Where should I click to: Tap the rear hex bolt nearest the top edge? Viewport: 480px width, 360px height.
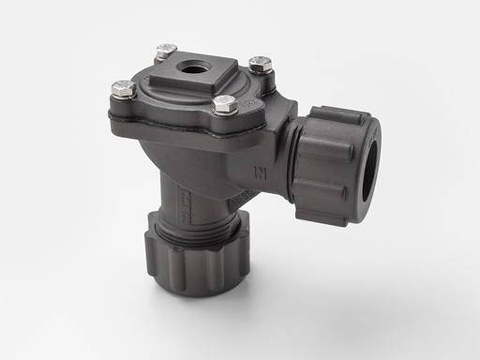[x=166, y=51]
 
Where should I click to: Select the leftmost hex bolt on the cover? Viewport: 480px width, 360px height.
[x=124, y=89]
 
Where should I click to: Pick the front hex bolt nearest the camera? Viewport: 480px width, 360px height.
[x=224, y=103]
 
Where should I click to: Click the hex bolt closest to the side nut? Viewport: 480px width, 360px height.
[x=261, y=64]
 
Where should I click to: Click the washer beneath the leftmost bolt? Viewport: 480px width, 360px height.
[x=123, y=97]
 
